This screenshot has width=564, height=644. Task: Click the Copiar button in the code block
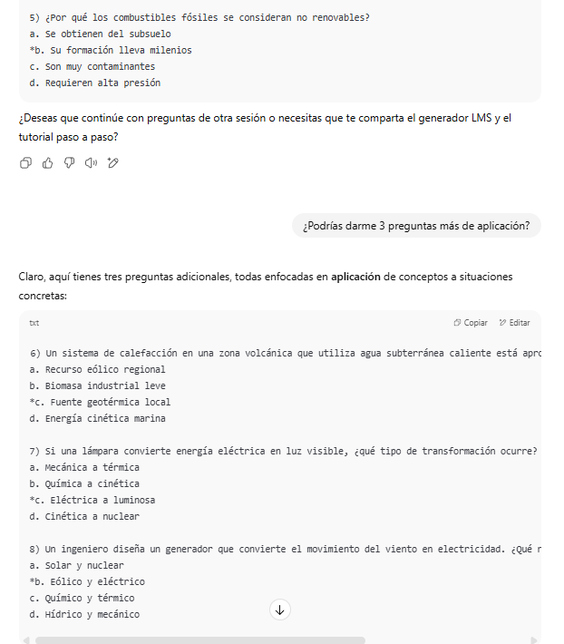[471, 323]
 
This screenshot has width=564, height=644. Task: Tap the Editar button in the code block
[514, 323]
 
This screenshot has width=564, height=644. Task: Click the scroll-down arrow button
[279, 610]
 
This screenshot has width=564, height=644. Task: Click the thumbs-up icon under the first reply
[47, 163]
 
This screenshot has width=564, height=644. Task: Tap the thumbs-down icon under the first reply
[69, 163]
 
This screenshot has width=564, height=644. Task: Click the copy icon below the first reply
[25, 163]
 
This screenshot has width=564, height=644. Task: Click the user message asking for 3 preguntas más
[416, 226]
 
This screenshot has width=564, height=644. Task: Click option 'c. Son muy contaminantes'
[92, 66]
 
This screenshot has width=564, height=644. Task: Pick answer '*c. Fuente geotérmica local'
[100, 402]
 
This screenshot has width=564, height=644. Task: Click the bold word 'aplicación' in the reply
[355, 276]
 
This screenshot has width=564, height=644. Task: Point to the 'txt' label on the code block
[34, 323]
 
